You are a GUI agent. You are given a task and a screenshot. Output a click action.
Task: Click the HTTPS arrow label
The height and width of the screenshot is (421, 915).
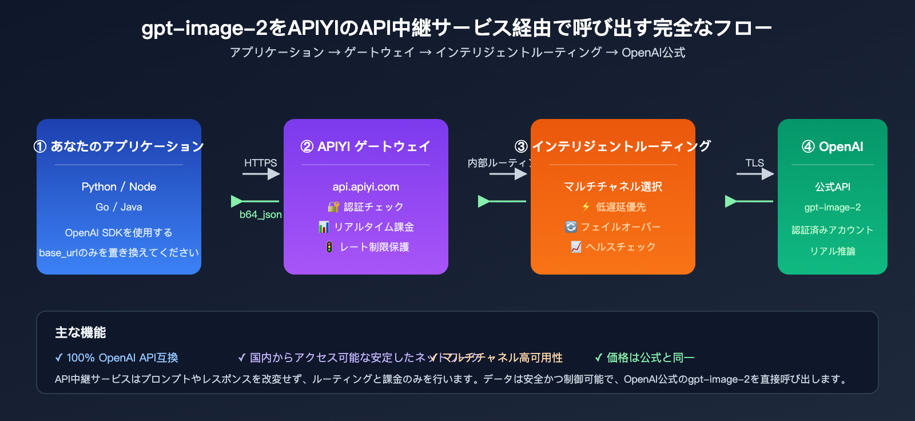260,163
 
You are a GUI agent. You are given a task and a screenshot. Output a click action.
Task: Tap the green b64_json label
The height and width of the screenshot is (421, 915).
260,215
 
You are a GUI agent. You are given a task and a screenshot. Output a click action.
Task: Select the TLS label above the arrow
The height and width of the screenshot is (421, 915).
754,163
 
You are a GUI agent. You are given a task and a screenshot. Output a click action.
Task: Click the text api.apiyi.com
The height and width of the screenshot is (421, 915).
366,186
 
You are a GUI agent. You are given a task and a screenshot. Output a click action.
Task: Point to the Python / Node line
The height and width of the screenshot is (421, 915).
119,186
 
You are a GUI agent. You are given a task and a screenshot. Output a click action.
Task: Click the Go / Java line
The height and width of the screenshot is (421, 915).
119,207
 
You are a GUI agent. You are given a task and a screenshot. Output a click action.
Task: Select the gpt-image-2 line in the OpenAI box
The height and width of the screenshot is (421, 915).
832,207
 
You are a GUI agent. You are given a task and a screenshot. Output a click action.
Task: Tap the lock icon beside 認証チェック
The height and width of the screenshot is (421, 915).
333,206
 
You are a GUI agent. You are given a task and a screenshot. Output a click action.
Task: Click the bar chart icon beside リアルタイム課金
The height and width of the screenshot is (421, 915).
324,227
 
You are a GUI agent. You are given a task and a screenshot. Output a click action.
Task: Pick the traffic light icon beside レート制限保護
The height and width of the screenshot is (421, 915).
329,247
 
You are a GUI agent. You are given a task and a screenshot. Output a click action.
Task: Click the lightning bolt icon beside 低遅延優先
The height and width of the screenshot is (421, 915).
586,206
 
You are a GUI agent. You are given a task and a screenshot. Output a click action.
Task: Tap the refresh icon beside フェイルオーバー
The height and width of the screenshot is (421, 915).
571,227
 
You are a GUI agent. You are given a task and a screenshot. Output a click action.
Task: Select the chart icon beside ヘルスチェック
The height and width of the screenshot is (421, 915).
576,247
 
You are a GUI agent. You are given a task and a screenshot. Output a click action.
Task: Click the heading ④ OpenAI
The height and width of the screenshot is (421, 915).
832,146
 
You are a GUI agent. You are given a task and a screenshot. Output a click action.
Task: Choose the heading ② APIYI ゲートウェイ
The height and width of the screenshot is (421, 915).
366,146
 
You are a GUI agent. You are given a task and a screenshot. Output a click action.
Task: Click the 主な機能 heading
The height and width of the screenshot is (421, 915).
81,332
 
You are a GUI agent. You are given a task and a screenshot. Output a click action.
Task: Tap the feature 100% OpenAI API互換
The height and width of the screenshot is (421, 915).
117,358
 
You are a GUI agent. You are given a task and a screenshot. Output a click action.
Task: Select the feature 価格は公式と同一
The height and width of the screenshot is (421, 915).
645,358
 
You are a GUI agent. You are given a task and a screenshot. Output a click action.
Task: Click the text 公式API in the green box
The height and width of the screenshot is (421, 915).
832,186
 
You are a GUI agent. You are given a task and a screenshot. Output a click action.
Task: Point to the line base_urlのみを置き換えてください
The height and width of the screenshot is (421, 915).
119,252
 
